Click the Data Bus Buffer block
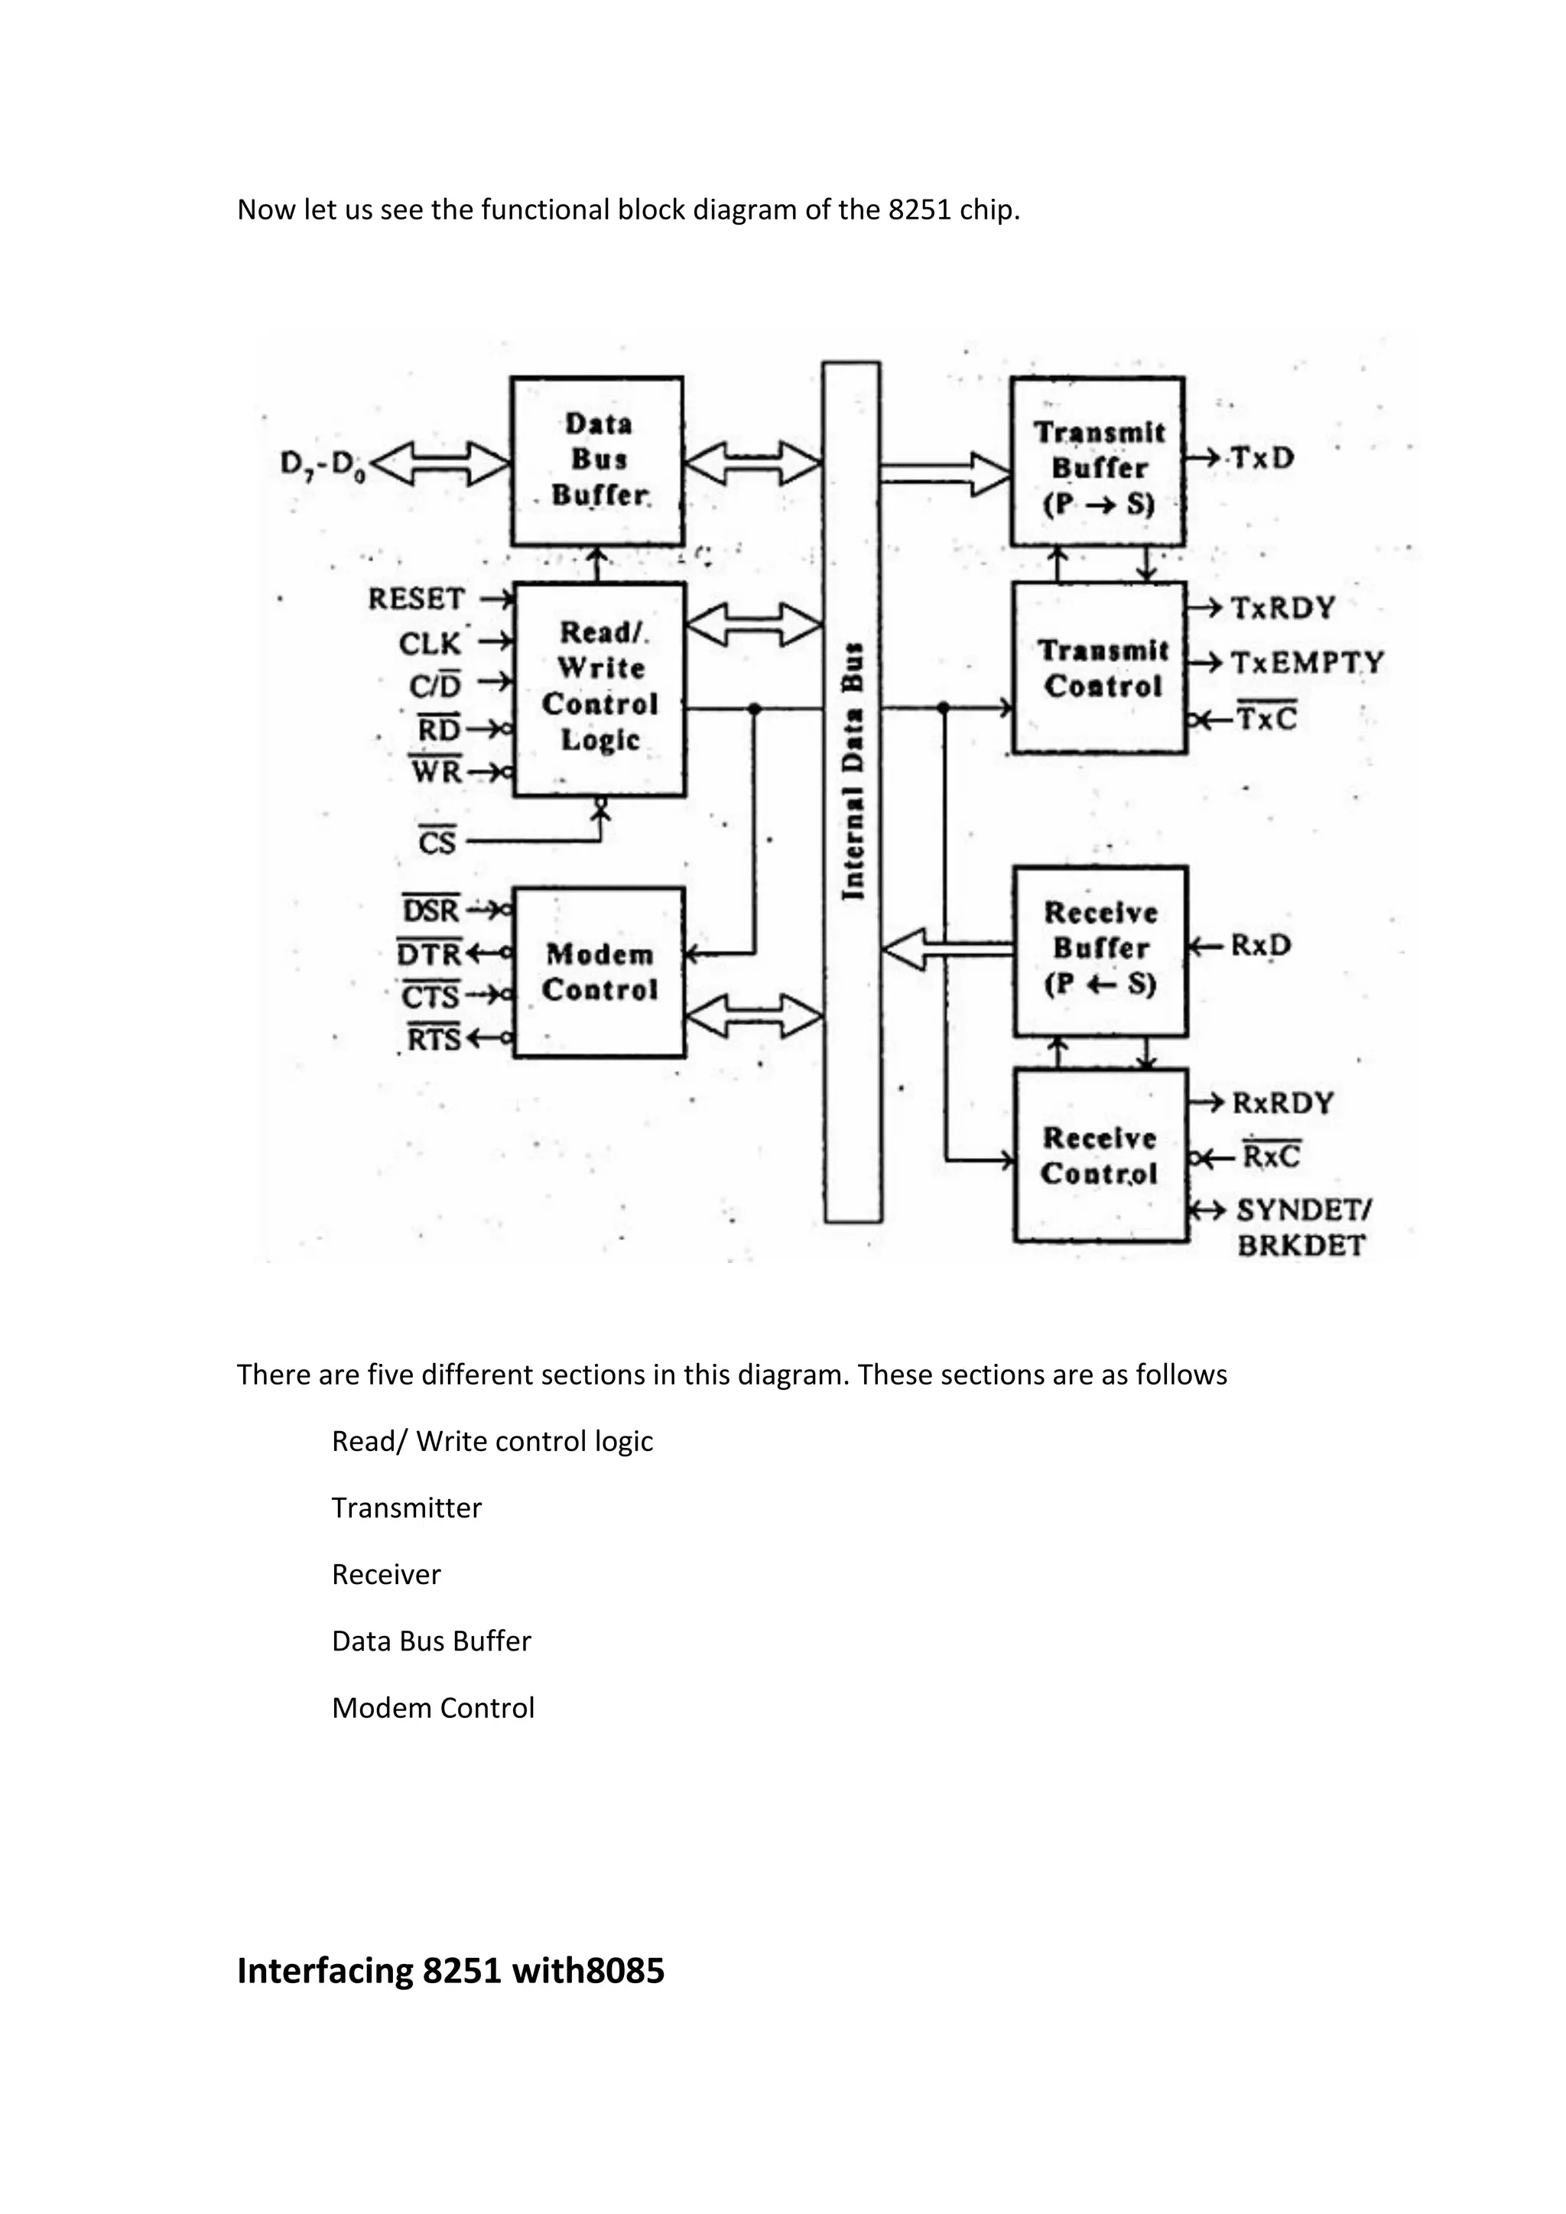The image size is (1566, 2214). pyautogui.click(x=598, y=461)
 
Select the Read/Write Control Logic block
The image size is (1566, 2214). pyautogui.click(x=599, y=689)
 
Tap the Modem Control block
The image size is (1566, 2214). pyautogui.click(x=599, y=972)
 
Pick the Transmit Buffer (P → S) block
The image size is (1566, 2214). pyautogui.click(x=1097, y=463)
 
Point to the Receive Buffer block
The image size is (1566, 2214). pyautogui.click(x=1100, y=950)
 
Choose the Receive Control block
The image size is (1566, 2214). pyautogui.click(x=1100, y=1155)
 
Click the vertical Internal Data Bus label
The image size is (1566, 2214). pyautogui.click(x=853, y=771)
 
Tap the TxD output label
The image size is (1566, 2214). pyautogui.click(x=1261, y=458)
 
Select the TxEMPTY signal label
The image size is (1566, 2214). pyautogui.click(x=1307, y=663)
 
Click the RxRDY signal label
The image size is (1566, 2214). pyautogui.click(x=1282, y=1102)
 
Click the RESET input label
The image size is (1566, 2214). pyautogui.click(x=417, y=599)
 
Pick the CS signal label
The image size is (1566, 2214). pyautogui.click(x=436, y=842)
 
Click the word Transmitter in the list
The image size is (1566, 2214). pyautogui.click(x=406, y=1507)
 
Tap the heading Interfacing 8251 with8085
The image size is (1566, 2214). pyautogui.click(x=450, y=1970)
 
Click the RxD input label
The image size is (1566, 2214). pyautogui.click(x=1260, y=945)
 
